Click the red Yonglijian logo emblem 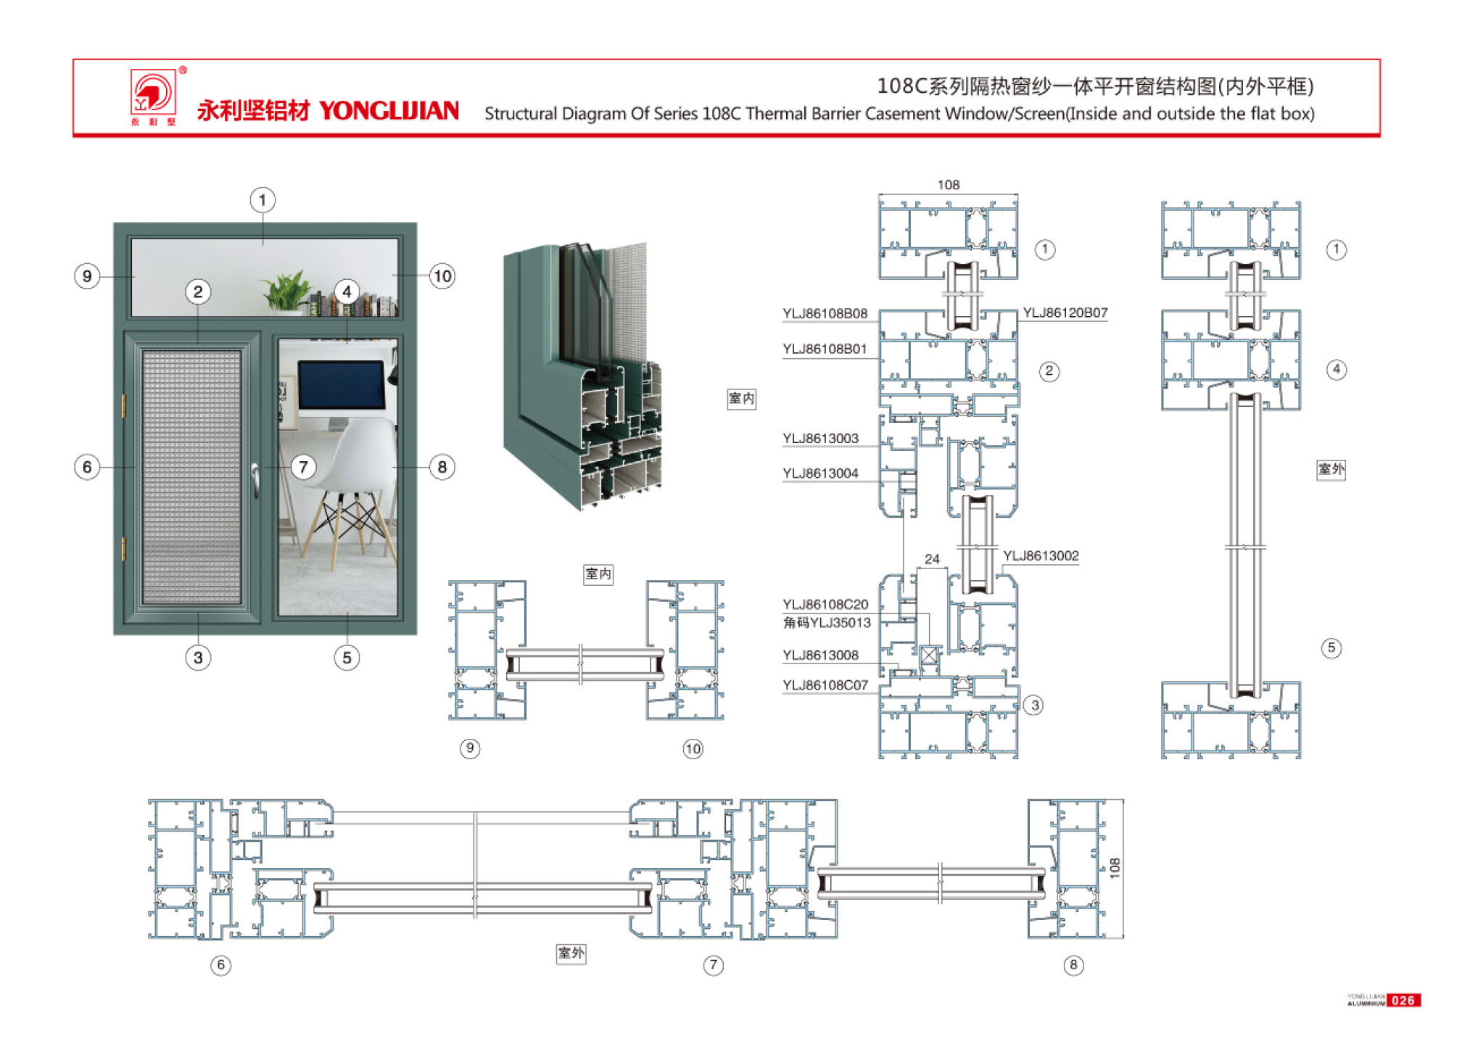tap(153, 92)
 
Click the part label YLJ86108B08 tap(825, 314)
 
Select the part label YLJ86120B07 tap(1065, 313)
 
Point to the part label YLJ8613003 tap(820, 439)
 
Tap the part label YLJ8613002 tap(1041, 556)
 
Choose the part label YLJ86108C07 tap(825, 685)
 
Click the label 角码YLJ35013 tap(827, 623)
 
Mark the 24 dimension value tap(932, 559)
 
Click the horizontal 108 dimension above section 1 tap(948, 185)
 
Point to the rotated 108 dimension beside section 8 tap(1115, 868)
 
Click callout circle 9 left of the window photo tap(87, 276)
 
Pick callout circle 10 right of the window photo tap(442, 276)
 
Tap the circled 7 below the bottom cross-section tap(713, 965)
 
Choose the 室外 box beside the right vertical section tap(1331, 469)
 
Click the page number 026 tap(1403, 1001)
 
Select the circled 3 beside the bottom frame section tap(1035, 705)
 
